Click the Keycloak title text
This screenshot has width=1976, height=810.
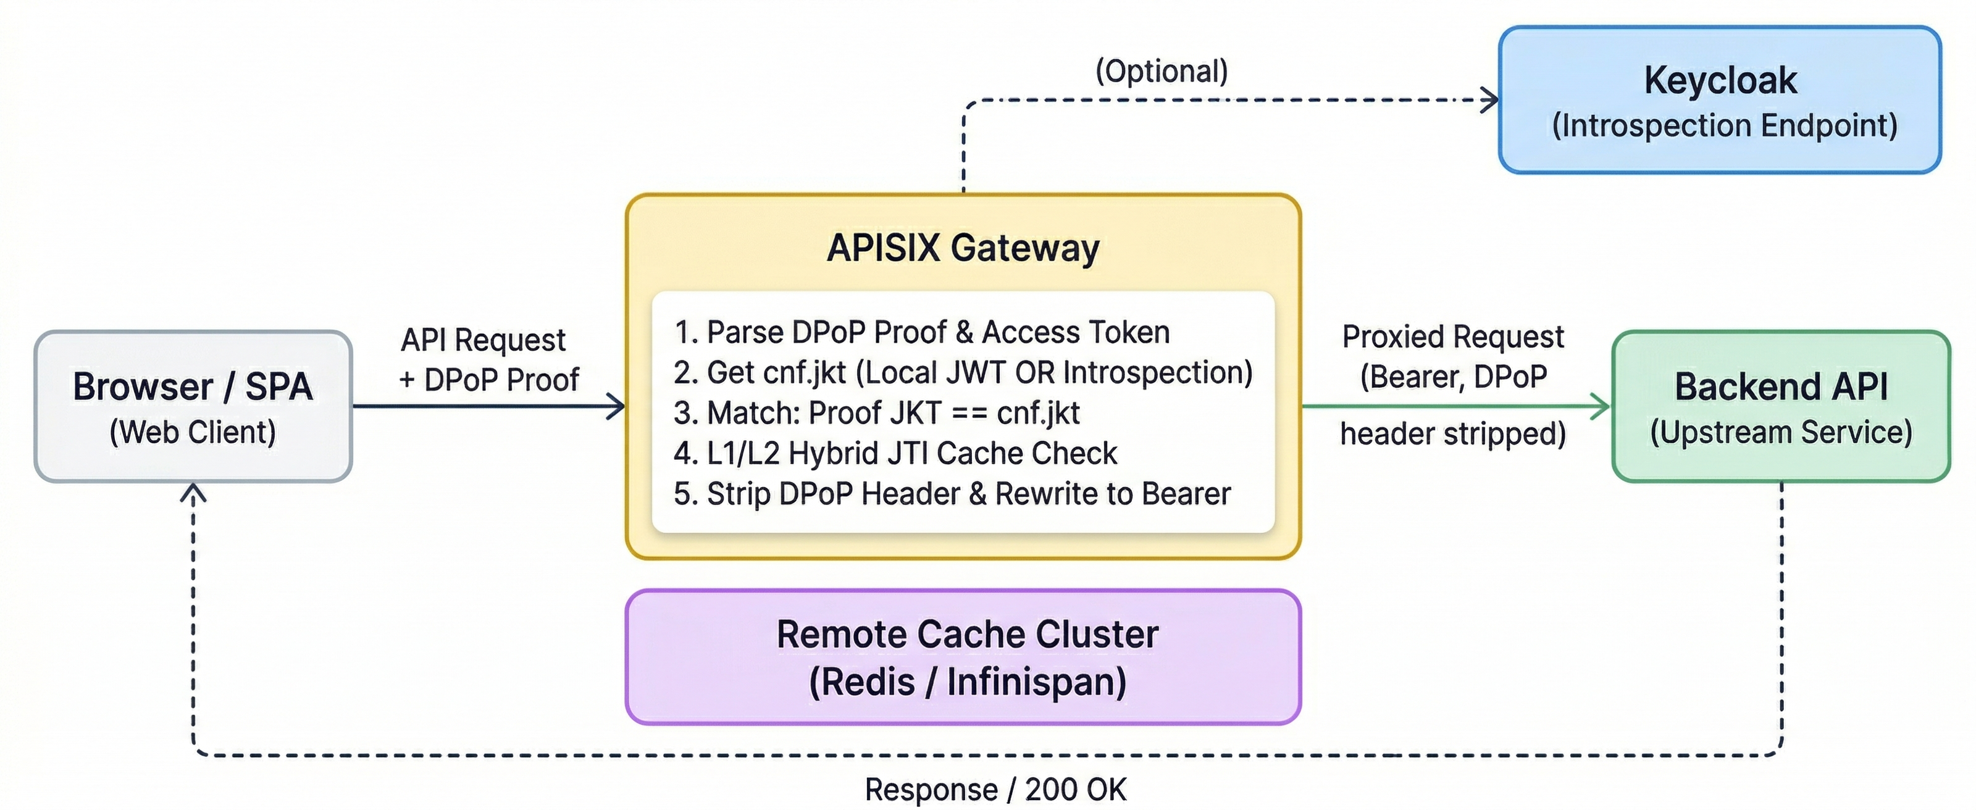point(1720,80)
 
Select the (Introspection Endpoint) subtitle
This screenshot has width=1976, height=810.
point(1725,125)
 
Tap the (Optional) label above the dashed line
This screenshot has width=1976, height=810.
point(1162,70)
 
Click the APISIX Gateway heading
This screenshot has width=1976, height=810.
point(963,248)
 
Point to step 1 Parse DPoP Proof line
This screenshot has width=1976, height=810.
point(921,332)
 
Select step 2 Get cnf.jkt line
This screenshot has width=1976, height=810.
point(963,373)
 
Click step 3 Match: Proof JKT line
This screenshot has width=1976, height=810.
point(876,412)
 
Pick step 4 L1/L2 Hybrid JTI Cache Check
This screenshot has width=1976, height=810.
point(895,453)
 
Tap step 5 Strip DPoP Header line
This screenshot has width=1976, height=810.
point(952,494)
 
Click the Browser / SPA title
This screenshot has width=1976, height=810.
point(193,386)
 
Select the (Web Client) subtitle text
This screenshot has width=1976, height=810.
point(193,432)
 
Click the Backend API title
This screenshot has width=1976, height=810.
point(1780,386)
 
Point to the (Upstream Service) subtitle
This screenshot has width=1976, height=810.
point(1780,432)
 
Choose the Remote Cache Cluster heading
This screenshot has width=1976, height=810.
point(966,634)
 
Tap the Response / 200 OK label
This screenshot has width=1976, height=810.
point(995,789)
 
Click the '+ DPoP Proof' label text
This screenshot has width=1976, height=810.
point(488,380)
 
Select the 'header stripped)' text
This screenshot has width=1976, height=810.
point(1453,434)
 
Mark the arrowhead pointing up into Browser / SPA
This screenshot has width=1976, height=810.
point(193,493)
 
